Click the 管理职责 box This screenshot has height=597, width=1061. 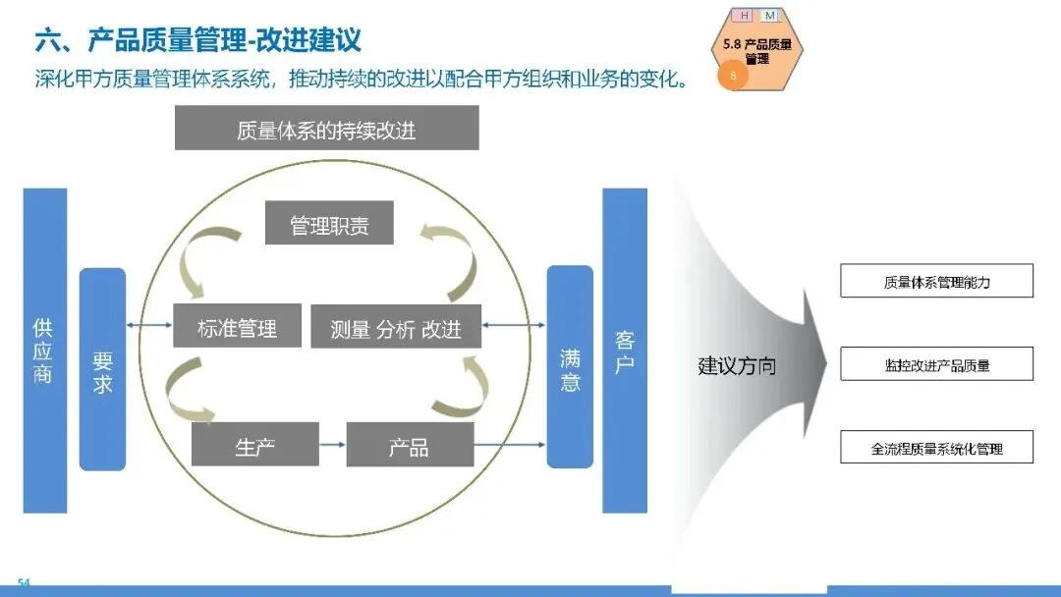click(x=329, y=224)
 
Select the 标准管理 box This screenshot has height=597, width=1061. click(x=237, y=326)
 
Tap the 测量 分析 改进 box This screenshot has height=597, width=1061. click(x=396, y=327)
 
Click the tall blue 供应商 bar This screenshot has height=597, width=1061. click(x=44, y=351)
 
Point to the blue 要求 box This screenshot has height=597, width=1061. click(x=102, y=368)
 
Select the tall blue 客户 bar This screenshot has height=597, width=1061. click(x=625, y=351)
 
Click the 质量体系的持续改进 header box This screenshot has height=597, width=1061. click(x=326, y=129)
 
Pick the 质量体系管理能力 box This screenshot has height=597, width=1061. click(x=937, y=282)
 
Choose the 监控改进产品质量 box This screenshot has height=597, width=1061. click(x=937, y=364)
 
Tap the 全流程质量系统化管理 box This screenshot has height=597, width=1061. click(x=937, y=448)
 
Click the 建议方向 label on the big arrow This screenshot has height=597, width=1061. click(x=737, y=366)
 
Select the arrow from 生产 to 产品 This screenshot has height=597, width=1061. click(x=333, y=445)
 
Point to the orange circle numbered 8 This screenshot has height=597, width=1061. click(x=733, y=75)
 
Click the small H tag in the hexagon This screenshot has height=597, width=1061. click(x=745, y=16)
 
